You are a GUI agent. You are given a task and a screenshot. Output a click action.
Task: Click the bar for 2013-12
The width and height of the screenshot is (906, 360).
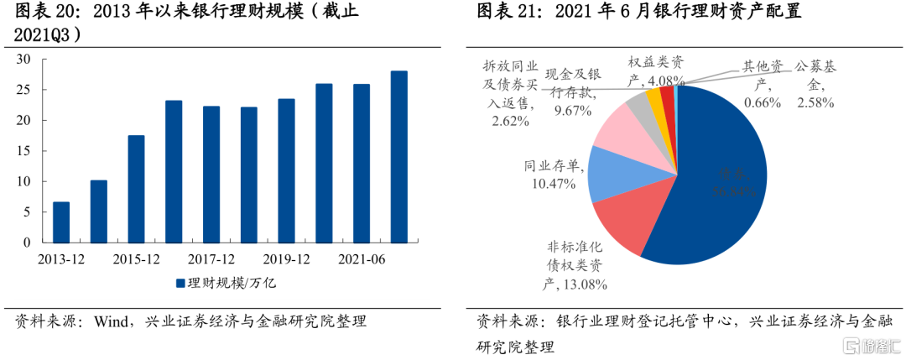coord(61,222)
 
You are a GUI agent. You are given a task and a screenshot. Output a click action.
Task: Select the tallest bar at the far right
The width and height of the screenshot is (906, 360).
coord(399,157)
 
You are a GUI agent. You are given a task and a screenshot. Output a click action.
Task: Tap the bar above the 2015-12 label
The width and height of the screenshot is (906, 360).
coord(136,189)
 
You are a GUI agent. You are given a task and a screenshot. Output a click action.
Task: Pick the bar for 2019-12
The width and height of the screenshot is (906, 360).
coord(286,170)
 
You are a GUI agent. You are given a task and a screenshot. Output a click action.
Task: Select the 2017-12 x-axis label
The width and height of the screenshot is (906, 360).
coord(211,259)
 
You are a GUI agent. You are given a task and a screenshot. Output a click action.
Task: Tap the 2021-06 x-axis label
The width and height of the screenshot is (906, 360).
coord(362,259)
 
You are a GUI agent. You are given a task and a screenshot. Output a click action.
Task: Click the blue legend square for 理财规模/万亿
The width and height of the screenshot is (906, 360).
coord(180,283)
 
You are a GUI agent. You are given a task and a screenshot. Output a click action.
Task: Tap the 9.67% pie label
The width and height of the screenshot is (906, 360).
coord(572,110)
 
